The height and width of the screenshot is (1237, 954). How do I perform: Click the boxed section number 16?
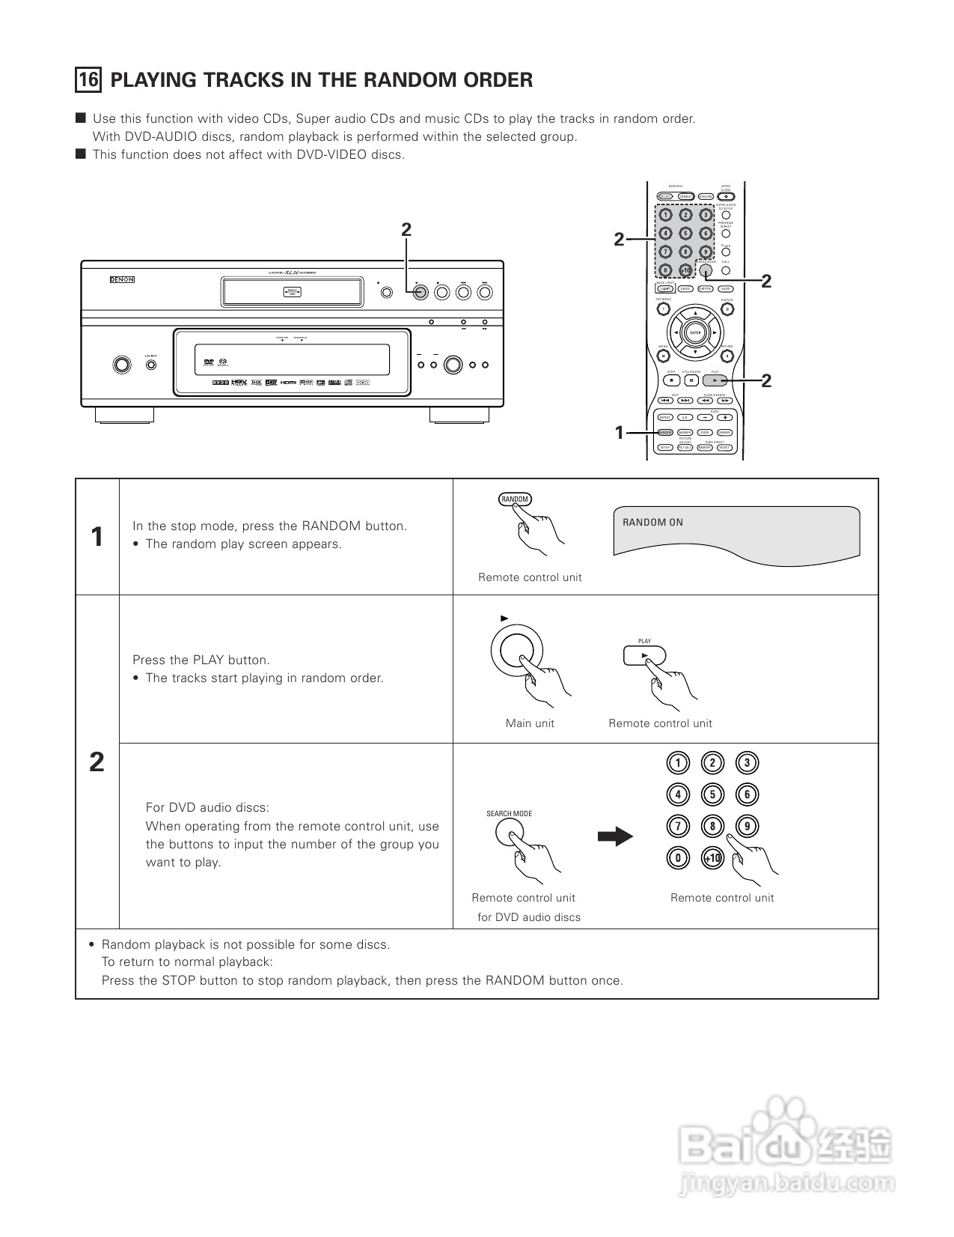(x=88, y=80)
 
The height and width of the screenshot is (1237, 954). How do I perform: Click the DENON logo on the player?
(x=122, y=279)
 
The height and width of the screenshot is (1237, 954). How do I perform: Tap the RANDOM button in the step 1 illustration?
(x=515, y=499)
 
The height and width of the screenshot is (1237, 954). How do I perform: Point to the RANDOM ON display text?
(x=652, y=523)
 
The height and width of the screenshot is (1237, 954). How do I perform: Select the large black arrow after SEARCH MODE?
(x=615, y=836)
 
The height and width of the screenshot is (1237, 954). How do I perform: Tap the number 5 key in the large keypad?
(x=712, y=794)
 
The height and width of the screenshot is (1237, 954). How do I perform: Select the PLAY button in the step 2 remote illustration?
(x=644, y=655)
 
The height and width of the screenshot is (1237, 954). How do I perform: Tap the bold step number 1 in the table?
(x=97, y=537)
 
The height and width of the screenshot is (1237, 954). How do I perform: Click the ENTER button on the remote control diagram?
(x=695, y=332)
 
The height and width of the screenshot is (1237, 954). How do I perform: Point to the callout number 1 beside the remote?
(x=619, y=432)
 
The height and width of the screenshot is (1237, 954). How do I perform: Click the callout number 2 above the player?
(x=406, y=230)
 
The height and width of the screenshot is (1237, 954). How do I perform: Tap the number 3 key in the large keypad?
(x=747, y=763)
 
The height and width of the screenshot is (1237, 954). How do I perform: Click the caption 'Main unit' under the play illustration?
(x=530, y=723)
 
